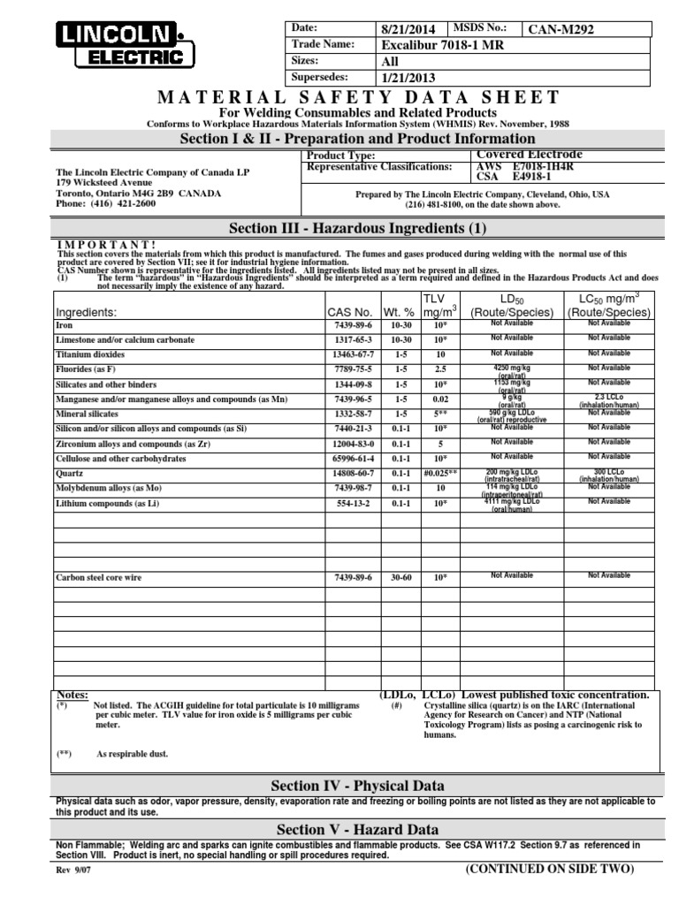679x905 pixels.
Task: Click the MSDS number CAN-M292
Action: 561,29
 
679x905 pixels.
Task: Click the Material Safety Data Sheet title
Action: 357,97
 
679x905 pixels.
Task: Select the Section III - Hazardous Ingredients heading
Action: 357,228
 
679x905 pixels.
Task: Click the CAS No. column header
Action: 350,312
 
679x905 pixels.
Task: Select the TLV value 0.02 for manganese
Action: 439,399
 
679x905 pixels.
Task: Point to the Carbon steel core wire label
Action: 100,576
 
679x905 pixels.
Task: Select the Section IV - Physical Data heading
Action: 357,786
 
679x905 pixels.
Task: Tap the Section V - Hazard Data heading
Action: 357,829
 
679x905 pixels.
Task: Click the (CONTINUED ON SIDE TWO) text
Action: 550,869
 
